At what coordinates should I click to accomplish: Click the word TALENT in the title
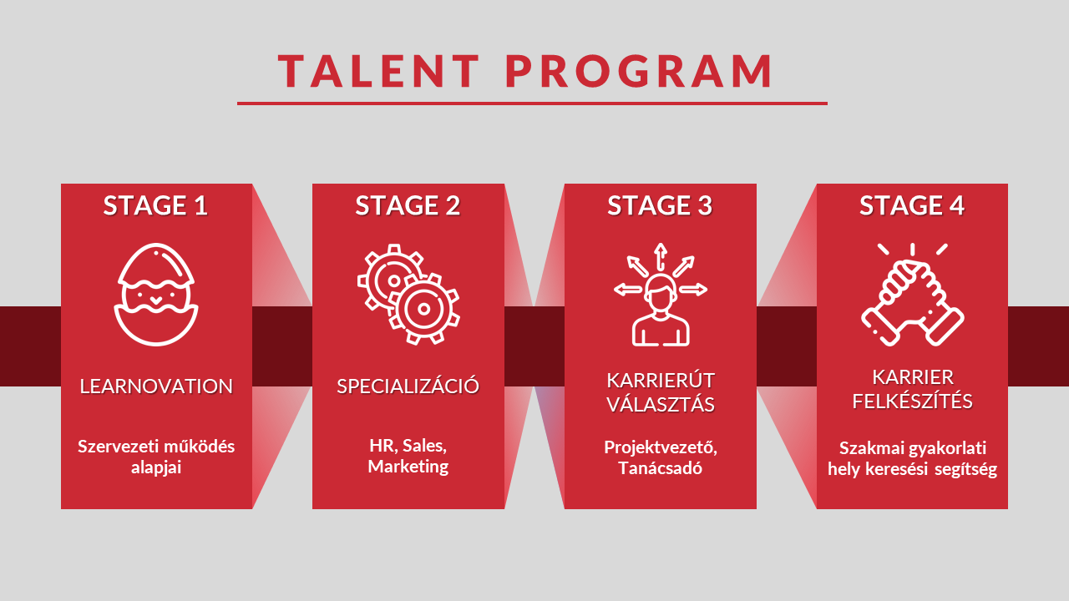pos(379,71)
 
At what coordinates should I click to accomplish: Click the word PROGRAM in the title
pos(640,71)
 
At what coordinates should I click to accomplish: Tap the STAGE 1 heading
pos(155,205)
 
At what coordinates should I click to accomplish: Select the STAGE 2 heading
pos(408,205)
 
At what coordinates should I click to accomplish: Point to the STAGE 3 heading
pos(660,205)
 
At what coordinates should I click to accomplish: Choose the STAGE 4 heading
pos(912,205)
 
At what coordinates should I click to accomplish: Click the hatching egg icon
pos(156,295)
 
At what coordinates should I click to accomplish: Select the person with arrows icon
pos(661,295)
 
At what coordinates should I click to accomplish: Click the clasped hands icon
pos(913,294)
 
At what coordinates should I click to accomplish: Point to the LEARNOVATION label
pos(156,386)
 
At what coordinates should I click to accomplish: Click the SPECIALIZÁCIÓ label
pos(408,386)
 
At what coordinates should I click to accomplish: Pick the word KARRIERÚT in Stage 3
pos(661,381)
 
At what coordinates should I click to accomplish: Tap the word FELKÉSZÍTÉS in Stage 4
pos(912,402)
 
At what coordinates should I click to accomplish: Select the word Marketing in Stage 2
pos(408,467)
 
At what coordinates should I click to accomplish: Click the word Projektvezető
pos(661,447)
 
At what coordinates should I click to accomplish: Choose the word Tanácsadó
pos(661,468)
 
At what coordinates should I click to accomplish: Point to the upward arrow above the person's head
pos(660,253)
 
